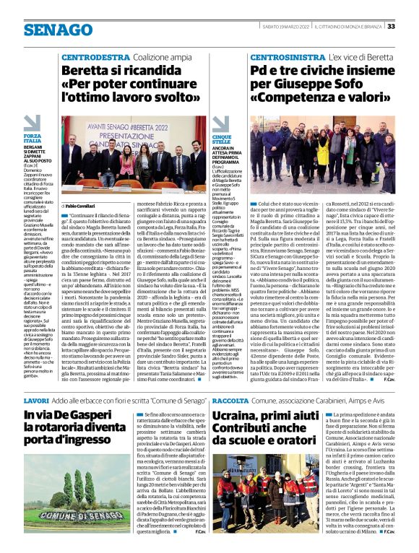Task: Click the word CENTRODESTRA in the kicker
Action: point(95,56)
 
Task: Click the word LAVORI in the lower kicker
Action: point(36,399)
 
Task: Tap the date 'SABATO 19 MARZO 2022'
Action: point(284,27)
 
